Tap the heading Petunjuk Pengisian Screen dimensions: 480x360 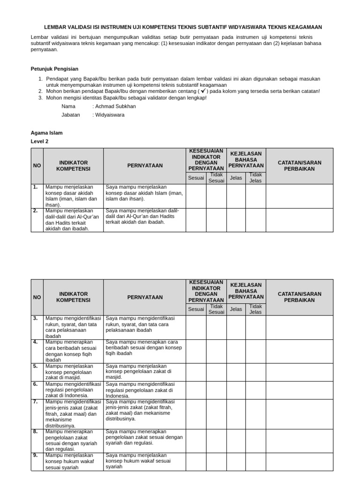[54, 69]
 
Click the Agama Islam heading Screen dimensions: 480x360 [46, 133]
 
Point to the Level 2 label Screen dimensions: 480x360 [39, 141]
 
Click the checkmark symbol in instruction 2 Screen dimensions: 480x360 [203, 91]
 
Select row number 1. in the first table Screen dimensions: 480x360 [36, 187]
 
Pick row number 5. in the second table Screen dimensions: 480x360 [36, 366]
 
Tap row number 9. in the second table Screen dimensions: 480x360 [36, 455]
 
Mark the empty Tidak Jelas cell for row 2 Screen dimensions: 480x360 [255, 220]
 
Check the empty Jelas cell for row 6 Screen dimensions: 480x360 [236, 390]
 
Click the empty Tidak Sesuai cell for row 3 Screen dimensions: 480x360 [217, 327]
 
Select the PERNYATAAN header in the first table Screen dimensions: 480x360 [145, 165]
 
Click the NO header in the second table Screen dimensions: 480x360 [37, 297]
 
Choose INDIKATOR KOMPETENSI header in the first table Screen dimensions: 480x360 [73, 165]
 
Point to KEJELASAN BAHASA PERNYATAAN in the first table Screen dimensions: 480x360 [246, 159]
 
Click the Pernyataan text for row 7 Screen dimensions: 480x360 [139, 410]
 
